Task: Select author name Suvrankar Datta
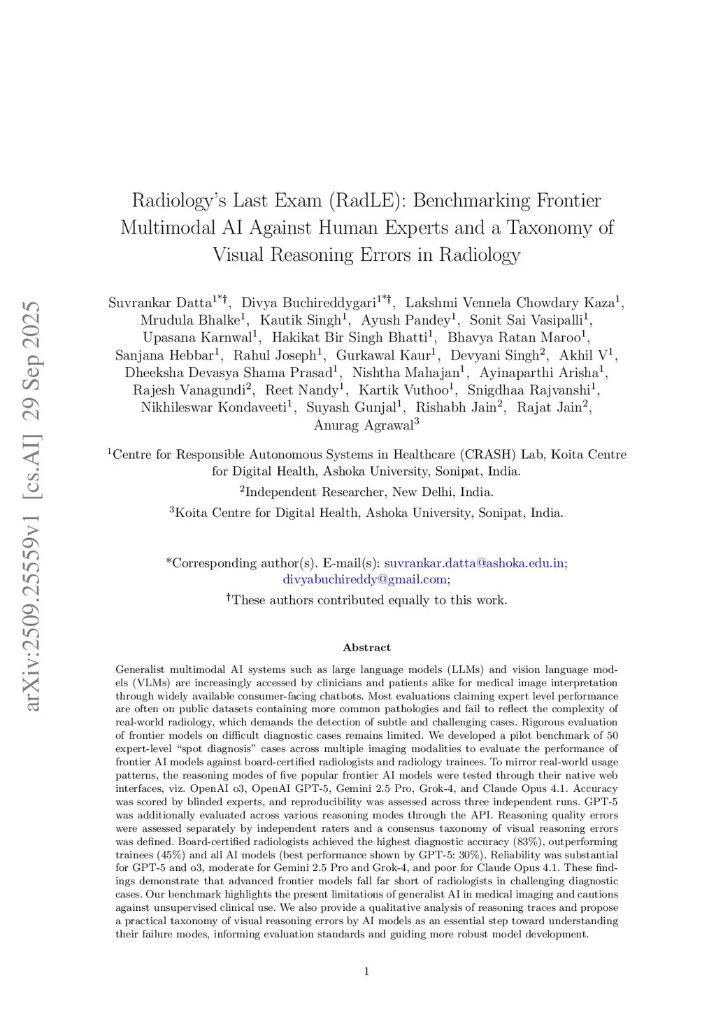(x=160, y=303)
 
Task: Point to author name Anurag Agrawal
(x=364, y=425)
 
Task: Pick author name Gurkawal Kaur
(x=383, y=355)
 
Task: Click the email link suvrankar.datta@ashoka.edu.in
(x=474, y=563)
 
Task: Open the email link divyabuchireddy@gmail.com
(x=364, y=579)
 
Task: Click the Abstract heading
(x=366, y=648)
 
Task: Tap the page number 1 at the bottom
(x=366, y=971)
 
